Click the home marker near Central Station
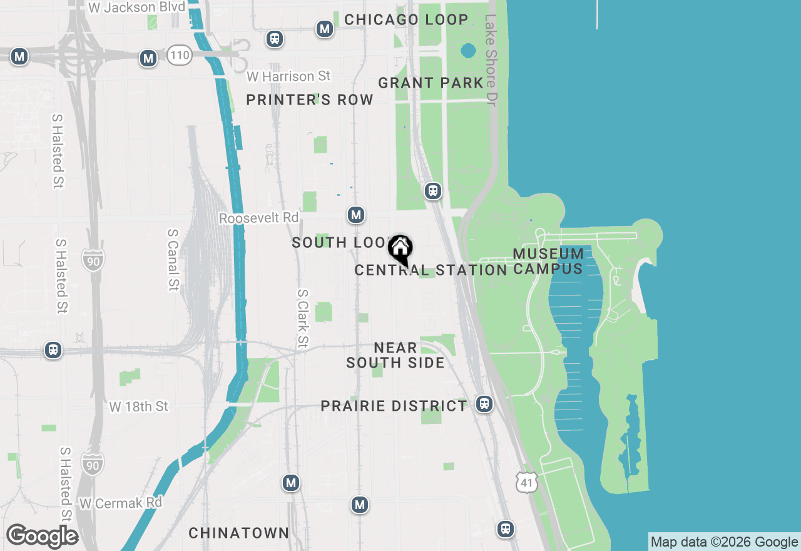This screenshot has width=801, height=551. [400, 249]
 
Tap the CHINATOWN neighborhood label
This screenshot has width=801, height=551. [239, 533]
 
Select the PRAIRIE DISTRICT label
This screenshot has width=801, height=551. [394, 406]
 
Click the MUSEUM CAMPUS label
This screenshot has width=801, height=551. [548, 262]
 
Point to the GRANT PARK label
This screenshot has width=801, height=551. [431, 83]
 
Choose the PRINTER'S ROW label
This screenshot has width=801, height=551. [310, 100]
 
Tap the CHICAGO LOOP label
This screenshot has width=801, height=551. [406, 19]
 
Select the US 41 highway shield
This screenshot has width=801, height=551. [527, 482]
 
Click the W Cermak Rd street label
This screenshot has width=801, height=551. [121, 503]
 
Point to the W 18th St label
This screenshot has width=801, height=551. [139, 407]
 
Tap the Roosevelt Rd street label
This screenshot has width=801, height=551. [259, 217]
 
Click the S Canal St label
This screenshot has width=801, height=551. [173, 259]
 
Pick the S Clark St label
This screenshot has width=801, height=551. [303, 318]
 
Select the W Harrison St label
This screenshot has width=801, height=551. [288, 76]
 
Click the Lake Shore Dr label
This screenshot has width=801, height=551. [491, 59]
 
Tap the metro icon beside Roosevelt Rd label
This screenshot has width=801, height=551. [356, 215]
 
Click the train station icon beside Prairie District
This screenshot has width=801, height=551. [484, 404]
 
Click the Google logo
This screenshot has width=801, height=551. [43, 536]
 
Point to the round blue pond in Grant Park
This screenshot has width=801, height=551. [468, 50]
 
